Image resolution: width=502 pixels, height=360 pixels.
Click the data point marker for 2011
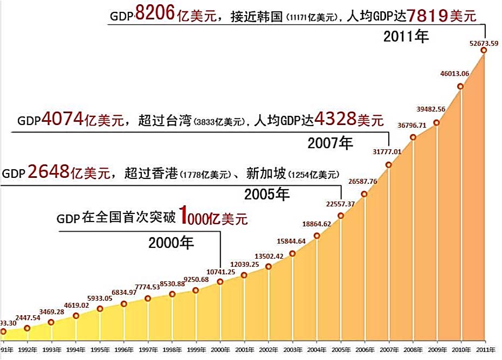484,50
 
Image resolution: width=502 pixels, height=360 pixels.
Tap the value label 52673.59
483,42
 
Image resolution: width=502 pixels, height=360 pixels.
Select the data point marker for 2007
389,164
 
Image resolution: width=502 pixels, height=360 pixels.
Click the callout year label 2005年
267,194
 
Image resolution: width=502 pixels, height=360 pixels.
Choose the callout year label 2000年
171,243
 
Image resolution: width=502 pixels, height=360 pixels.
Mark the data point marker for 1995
100,309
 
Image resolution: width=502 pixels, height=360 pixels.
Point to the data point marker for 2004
317,236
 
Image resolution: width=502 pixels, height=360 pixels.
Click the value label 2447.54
27,318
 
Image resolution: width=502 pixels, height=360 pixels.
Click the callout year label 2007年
330,143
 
